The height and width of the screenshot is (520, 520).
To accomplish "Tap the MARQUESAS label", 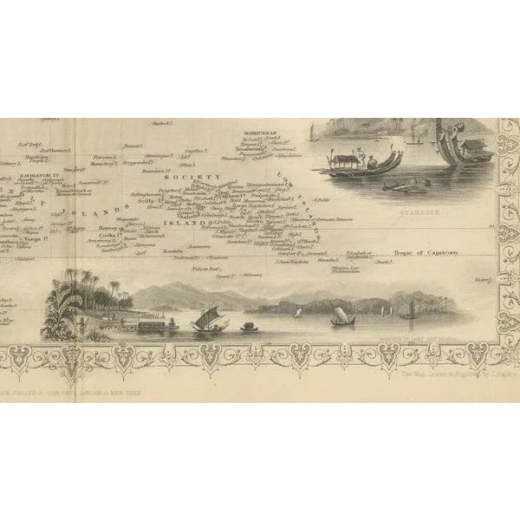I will pos(260,131).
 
